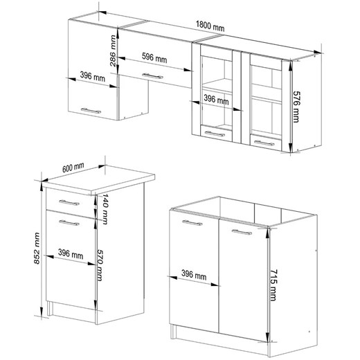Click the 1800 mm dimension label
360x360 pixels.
[x=210, y=26]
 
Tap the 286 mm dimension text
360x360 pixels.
[x=113, y=51]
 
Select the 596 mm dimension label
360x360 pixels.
[x=154, y=58]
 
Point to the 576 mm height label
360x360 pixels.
[x=296, y=107]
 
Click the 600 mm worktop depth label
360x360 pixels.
[x=73, y=168]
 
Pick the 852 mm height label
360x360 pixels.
[x=37, y=249]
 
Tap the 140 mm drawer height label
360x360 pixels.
[x=105, y=209]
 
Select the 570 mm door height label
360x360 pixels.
[x=100, y=265]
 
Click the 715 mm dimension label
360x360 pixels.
[x=273, y=285]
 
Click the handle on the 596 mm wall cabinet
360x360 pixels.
[x=152, y=76]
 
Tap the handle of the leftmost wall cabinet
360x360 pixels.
[x=91, y=111]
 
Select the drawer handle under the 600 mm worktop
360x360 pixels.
[x=69, y=203]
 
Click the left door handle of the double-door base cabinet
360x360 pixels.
[x=192, y=223]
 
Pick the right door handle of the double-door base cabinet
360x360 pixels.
[x=242, y=232]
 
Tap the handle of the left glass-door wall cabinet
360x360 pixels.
[x=215, y=134]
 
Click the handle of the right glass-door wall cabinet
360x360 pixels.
[x=264, y=143]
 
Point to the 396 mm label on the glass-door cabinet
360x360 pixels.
[x=216, y=100]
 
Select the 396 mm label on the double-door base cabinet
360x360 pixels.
[x=194, y=275]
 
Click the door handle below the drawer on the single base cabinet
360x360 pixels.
[x=69, y=223]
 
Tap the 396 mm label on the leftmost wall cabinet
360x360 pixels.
[x=93, y=76]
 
